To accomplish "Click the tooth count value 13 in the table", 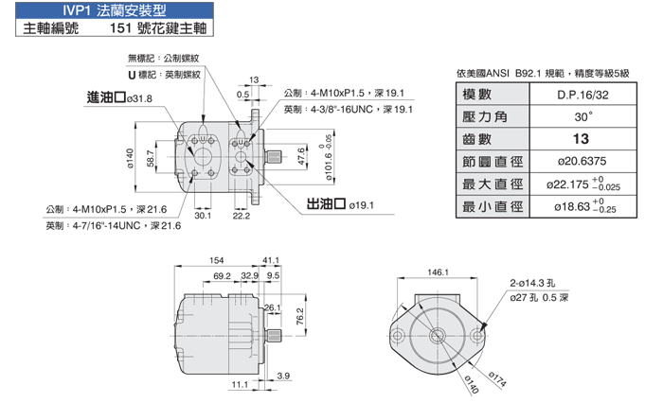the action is coord(581,139).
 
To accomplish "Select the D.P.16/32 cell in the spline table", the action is coord(582,95).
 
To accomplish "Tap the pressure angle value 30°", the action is coord(583,116).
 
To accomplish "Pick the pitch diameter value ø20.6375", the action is coord(582,161).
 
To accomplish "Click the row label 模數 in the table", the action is coord(477,95).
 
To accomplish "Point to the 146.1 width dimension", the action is coord(438,272).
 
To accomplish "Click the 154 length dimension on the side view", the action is coord(217,260).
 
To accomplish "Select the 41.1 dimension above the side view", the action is coord(271,260).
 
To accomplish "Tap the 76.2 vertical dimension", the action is coord(300,316).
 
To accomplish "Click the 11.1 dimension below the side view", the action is coord(240,384).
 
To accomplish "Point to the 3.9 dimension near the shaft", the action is coord(283,376).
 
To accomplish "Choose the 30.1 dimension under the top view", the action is coord(203,216).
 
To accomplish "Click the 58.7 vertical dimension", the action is coord(151,158).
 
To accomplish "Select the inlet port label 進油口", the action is coord(106,97).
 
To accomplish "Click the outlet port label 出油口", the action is coord(326,204).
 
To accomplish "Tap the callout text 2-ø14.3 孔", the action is coord(532,283).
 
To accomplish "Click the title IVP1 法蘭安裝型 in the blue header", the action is coord(115,10).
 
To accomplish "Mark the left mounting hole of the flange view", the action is coord(398,336).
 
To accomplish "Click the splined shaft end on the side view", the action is coord(275,336).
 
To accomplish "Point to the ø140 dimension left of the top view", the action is coord(130,158).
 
